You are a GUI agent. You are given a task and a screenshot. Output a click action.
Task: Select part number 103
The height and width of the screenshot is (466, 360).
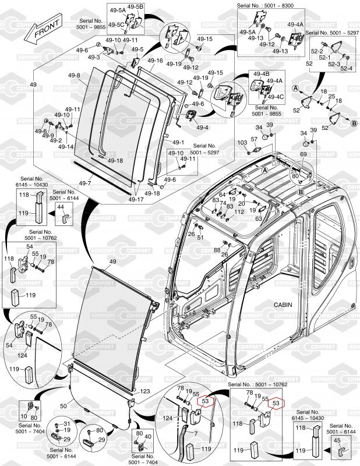click(x=242, y=142)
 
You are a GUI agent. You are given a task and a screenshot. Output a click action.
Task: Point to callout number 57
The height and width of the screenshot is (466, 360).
click(x=254, y=139)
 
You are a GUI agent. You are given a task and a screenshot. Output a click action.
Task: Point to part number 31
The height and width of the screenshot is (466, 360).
click(x=67, y=423)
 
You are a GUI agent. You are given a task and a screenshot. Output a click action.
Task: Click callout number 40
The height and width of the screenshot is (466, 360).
click(x=147, y=437)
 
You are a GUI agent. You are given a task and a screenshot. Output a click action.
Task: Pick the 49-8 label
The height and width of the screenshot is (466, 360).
click(x=74, y=76)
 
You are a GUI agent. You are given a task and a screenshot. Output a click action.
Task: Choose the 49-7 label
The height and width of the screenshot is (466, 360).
click(x=85, y=183)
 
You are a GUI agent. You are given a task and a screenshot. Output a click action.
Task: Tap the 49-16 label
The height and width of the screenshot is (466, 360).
click(x=155, y=61)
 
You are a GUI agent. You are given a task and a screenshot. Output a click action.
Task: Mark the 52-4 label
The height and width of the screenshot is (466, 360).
click(x=346, y=69)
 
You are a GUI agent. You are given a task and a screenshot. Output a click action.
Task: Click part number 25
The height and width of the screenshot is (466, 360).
click(x=331, y=96)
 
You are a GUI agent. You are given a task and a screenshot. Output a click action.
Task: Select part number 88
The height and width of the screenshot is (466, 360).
click(x=217, y=249)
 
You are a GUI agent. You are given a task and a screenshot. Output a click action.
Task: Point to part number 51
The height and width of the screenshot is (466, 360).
click(x=200, y=237)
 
